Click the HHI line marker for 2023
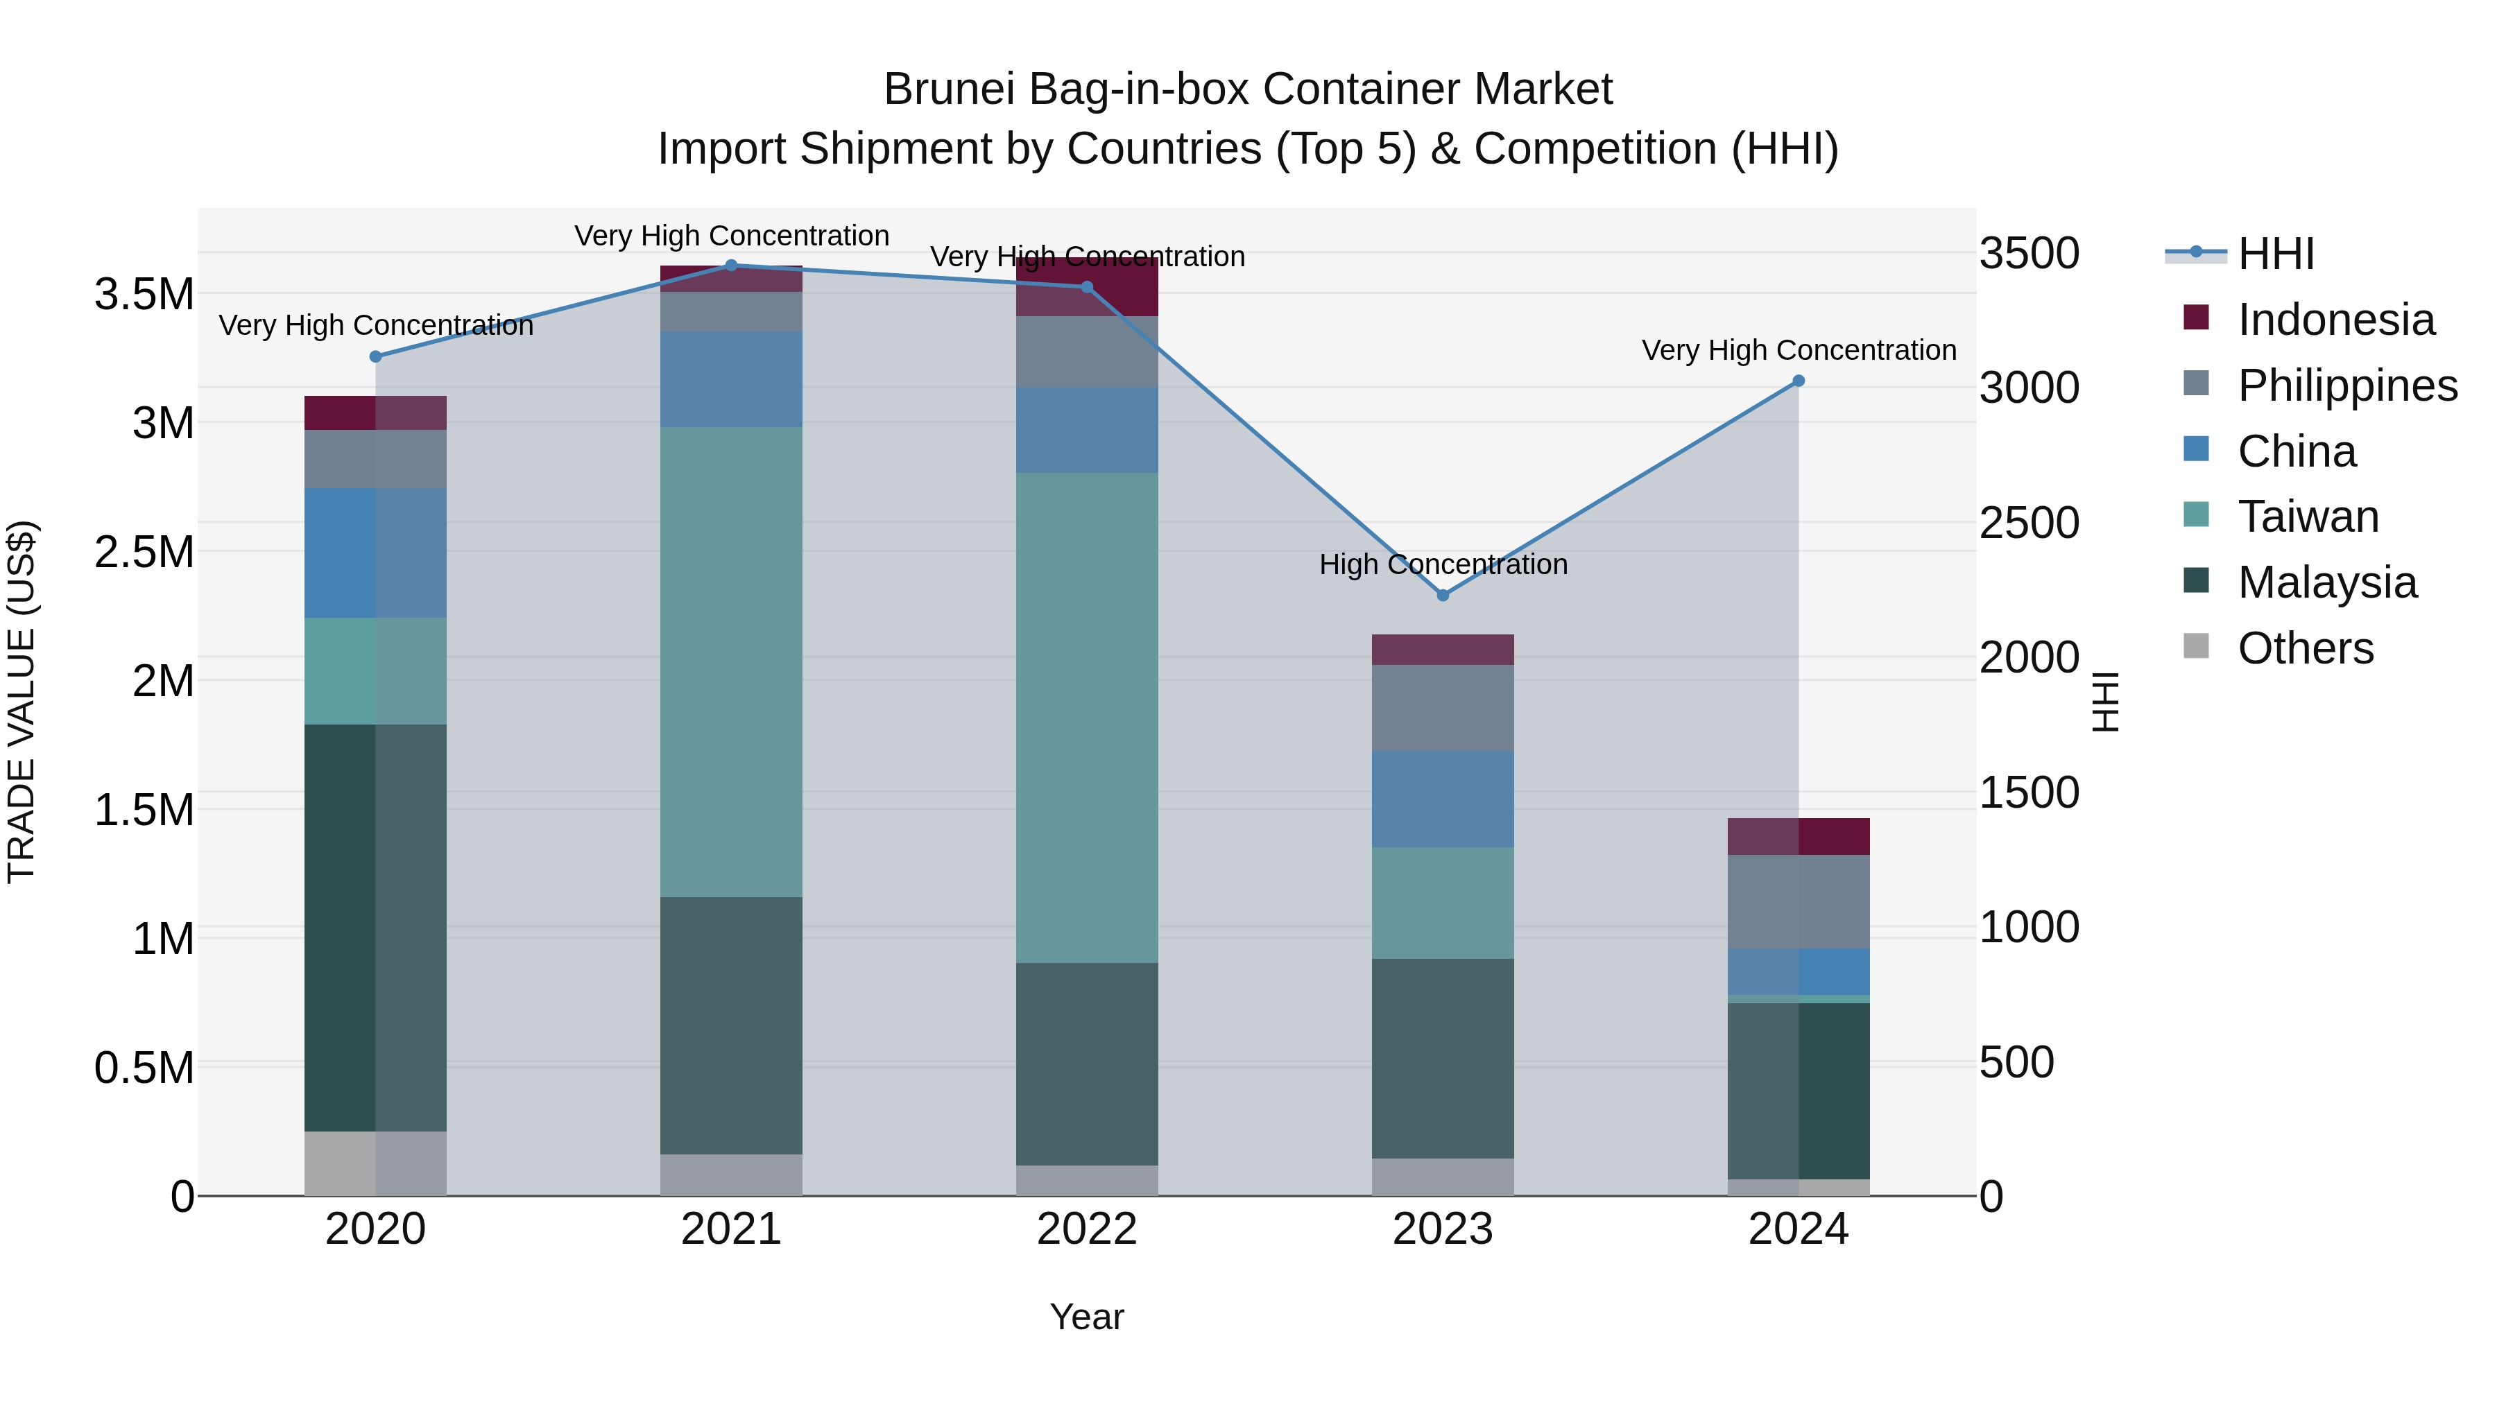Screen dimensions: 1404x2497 click(x=1443, y=595)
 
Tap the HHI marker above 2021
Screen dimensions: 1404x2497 click(x=731, y=266)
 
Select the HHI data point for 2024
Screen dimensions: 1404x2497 click(x=1798, y=381)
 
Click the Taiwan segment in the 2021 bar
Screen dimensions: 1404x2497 click(x=731, y=662)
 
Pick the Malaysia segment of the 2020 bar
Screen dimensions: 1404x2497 click(x=375, y=927)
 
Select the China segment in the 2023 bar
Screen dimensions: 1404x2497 click(x=1443, y=799)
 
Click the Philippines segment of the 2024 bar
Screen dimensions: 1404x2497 click(x=1798, y=901)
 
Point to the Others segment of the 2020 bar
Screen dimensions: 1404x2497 click(x=375, y=1162)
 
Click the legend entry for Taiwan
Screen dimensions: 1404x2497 click(x=2307, y=517)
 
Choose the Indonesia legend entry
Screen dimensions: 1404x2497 click(x=2334, y=320)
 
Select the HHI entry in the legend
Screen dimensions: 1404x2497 click(x=2274, y=254)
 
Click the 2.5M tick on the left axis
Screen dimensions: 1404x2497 click(x=144, y=553)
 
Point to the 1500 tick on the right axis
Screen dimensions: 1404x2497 click(x=2029, y=792)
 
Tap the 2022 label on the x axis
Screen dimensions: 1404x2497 click(x=1087, y=1229)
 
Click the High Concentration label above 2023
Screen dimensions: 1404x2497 click(x=1443, y=564)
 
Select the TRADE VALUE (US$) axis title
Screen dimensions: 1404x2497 click(x=22, y=702)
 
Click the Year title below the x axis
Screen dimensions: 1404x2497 click(x=1087, y=1317)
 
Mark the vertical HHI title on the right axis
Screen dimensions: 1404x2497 click(x=2105, y=702)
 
